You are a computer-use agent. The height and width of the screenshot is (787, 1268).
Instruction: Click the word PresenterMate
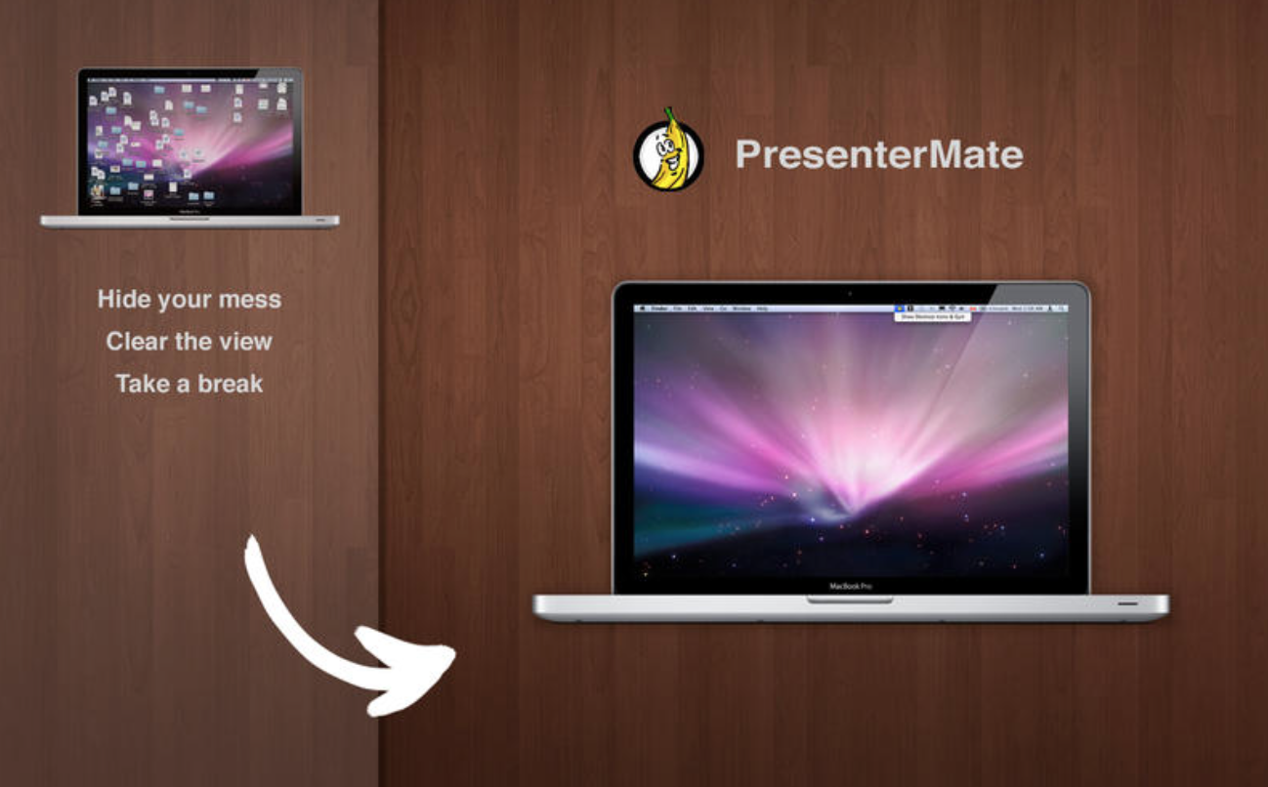pos(878,154)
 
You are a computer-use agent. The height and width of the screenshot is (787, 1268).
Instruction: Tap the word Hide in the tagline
pos(121,299)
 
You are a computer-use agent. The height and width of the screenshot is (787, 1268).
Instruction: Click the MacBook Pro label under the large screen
pos(850,586)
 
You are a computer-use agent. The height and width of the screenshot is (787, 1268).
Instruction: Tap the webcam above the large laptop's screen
pos(850,292)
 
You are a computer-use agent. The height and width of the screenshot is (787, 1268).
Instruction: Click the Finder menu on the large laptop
pos(658,308)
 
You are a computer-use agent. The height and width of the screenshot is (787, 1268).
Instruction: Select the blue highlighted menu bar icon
pos(899,308)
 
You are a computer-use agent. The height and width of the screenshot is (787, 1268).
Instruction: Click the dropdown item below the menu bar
pos(932,317)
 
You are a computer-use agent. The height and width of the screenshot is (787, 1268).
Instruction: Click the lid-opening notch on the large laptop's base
pos(850,600)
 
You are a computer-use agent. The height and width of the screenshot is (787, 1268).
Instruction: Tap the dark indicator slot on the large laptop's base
pos(1127,603)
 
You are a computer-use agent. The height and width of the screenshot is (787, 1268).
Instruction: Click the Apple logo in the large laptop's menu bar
pos(643,308)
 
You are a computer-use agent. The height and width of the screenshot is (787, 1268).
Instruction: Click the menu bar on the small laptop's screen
pos(190,77)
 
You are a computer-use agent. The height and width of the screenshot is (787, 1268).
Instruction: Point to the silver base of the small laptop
pos(190,222)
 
